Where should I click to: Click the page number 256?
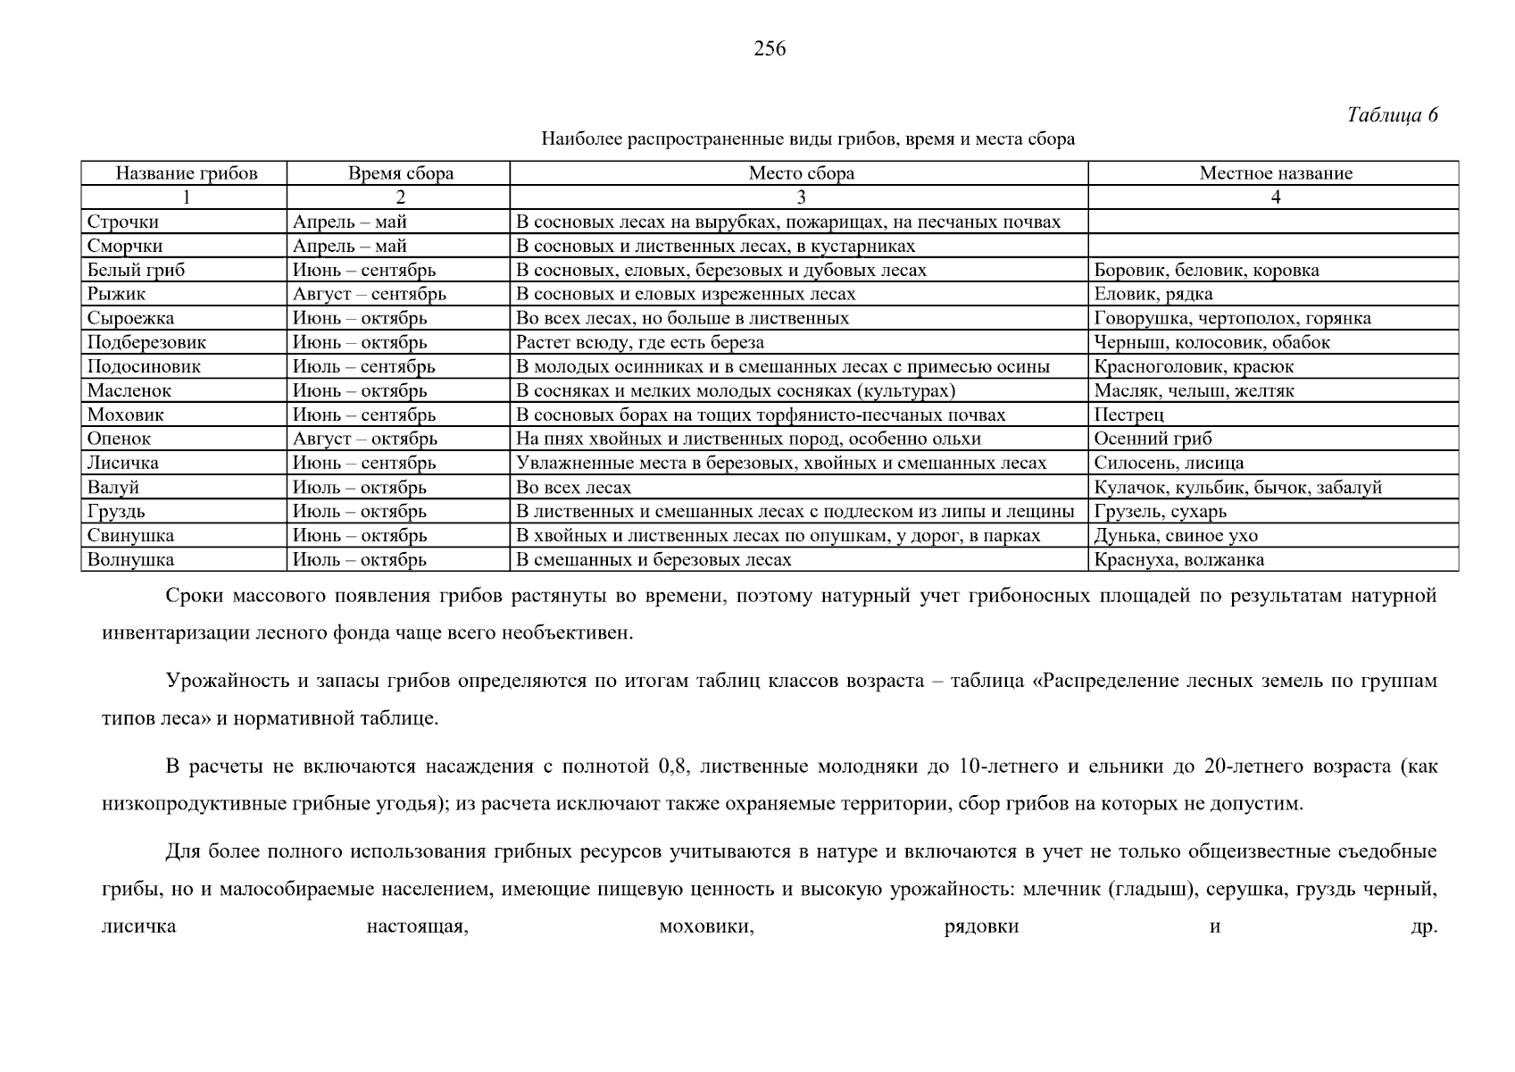tap(770, 49)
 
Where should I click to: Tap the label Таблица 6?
tap(1392, 115)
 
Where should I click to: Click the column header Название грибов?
tap(186, 173)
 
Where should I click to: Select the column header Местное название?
tap(1275, 173)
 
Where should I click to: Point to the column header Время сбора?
tap(400, 173)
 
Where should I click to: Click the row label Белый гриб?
tap(136, 270)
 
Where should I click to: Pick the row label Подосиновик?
tap(144, 366)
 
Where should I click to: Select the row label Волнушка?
tap(130, 560)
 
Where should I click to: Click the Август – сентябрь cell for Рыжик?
tap(369, 294)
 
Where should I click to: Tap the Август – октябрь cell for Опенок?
tap(364, 439)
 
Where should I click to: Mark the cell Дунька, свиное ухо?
tap(1175, 536)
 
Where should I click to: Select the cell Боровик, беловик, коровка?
tap(1206, 270)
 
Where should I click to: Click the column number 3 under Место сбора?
tap(800, 197)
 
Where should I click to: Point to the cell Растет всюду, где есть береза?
tap(640, 342)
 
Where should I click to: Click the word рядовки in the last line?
tap(981, 926)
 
